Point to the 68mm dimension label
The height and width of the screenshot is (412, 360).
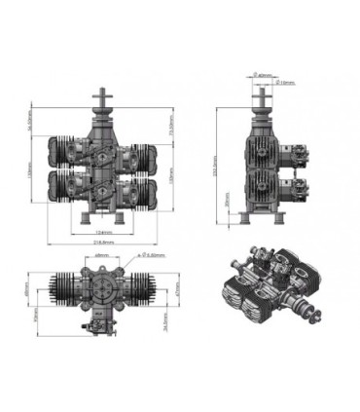100,256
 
